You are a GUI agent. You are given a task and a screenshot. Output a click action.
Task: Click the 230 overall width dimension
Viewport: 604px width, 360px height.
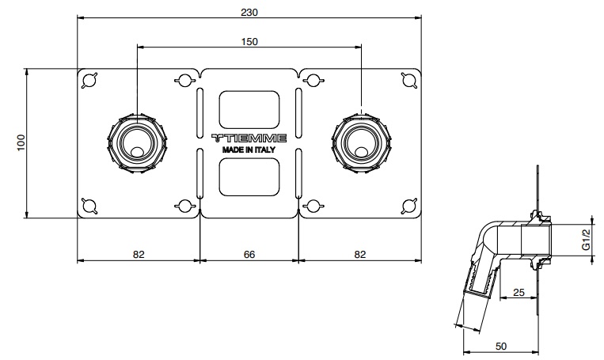(x=249, y=13)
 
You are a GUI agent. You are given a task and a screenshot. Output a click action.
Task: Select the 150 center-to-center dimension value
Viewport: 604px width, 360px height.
(x=249, y=42)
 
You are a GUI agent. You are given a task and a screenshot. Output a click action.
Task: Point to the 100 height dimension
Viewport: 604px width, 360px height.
(x=21, y=143)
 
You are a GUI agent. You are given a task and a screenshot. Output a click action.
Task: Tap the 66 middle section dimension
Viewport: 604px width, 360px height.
(x=249, y=255)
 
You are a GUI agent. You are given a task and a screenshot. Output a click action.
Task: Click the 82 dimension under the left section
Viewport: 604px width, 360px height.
(x=139, y=255)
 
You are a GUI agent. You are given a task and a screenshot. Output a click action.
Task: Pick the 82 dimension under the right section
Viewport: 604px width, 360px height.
(x=359, y=255)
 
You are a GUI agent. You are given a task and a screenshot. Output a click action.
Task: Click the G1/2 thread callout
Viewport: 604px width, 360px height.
(x=586, y=240)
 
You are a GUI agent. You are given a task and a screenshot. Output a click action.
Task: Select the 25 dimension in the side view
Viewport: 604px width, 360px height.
(x=519, y=293)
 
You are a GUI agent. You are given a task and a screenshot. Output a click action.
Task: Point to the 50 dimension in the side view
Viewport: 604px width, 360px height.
(x=501, y=347)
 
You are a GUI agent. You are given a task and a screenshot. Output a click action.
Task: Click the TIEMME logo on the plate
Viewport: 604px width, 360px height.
(x=249, y=138)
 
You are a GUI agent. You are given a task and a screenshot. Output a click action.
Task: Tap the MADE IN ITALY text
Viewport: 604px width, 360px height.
(x=249, y=150)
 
